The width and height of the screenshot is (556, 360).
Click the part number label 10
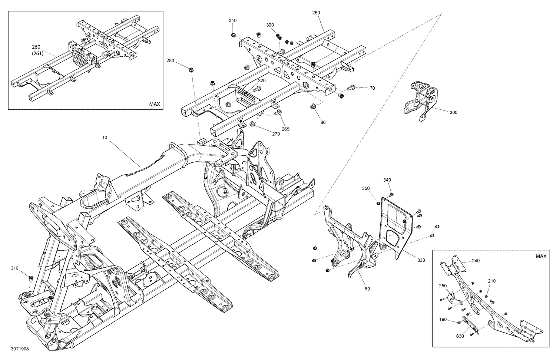pos(105,137)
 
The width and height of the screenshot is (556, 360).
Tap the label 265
pos(285,129)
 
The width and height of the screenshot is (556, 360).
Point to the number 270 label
pos(276,134)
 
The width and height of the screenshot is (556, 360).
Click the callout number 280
pos(170,60)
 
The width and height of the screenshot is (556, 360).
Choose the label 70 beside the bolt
pos(372,88)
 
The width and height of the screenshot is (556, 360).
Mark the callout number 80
pos(323,122)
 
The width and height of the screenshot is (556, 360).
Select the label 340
pos(387,180)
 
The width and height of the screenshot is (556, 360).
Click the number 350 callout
pos(366,188)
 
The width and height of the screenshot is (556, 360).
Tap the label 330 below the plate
pos(421,260)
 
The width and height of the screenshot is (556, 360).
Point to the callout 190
pos(443,319)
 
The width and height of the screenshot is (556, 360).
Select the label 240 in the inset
pos(476,261)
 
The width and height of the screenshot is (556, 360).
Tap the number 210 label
pos(492,281)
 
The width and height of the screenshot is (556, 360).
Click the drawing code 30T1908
pos(20,349)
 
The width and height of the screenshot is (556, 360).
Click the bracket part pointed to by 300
pos(421,100)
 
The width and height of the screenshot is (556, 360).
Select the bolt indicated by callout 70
pos(352,88)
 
